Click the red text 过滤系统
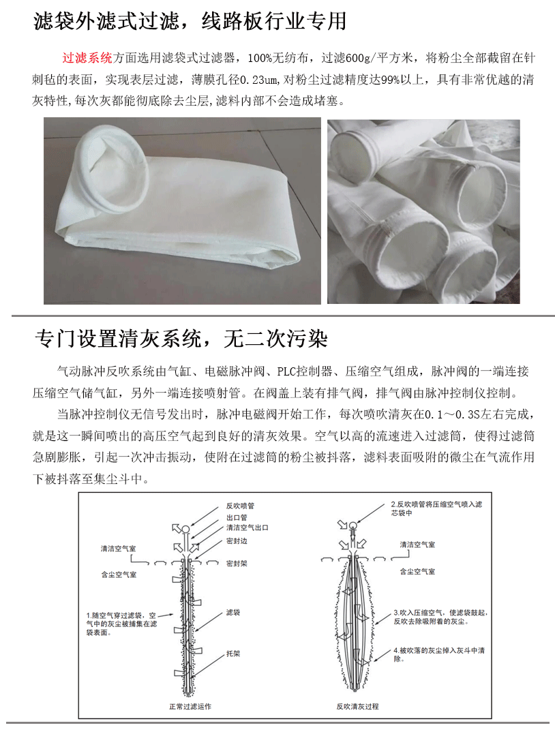87,57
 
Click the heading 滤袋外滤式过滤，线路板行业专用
190,21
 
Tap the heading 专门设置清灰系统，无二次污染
181,339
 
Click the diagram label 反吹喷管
240,506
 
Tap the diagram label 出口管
237,517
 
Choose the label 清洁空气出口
247,528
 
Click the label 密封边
237,541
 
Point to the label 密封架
237,564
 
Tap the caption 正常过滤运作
190,706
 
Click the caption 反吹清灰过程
357,706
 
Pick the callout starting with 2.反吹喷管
436,509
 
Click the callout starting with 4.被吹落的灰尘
438,654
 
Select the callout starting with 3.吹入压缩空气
440,617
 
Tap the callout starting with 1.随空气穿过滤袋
121,624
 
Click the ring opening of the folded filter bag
112,169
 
